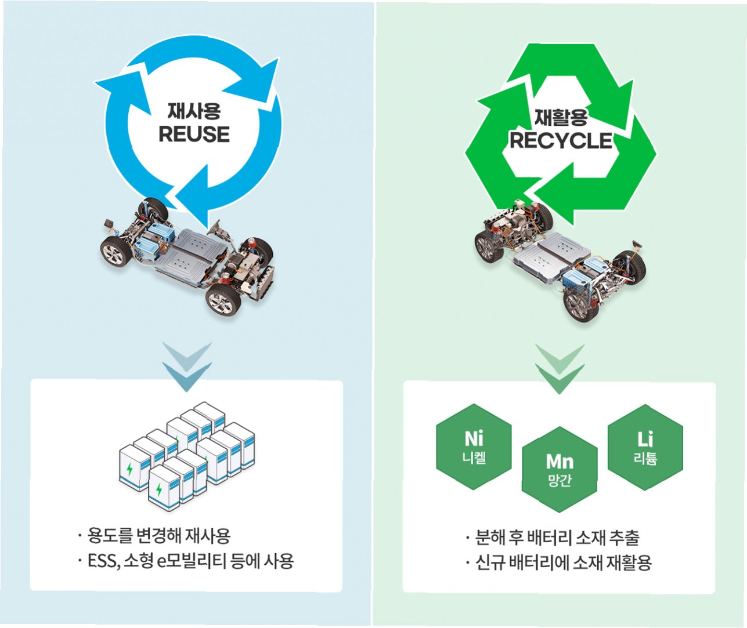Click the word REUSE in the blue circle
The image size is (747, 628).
pyautogui.click(x=194, y=135)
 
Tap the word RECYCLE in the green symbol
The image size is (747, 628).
pyautogui.click(x=561, y=141)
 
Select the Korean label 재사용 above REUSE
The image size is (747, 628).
pyautogui.click(x=194, y=111)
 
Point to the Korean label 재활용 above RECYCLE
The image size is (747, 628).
pyautogui.click(x=561, y=118)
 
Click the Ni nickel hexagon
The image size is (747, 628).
pyautogui.click(x=474, y=447)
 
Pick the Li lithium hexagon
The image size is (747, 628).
pyautogui.click(x=645, y=447)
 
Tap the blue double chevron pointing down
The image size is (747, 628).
pyautogui.click(x=187, y=366)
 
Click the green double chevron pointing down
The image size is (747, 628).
pyautogui.click(x=560, y=368)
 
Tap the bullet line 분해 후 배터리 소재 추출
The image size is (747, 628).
pyautogui.click(x=557, y=538)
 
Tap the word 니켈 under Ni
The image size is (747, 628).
pyautogui.click(x=474, y=458)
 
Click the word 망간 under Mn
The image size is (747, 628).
pyautogui.click(x=560, y=481)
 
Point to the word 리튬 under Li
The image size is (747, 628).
pyautogui.click(x=645, y=459)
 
